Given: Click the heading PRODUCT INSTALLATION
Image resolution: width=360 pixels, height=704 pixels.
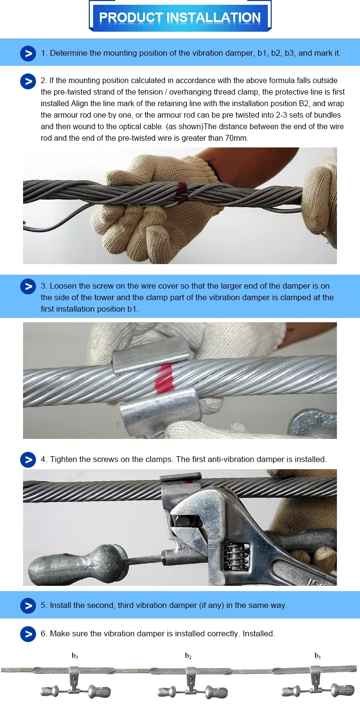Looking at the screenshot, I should (x=180, y=18).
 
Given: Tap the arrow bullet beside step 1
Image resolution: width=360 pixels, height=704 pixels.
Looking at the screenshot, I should (x=28, y=53).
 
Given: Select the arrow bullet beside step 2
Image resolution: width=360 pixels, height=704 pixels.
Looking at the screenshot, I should (x=28, y=81).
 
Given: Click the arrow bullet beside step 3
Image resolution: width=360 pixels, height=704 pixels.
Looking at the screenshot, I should (x=28, y=286).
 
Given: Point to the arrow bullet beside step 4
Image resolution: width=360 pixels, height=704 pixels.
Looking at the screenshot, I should (x=28, y=460).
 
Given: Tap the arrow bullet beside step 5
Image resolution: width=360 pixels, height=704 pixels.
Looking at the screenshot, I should (x=28, y=606).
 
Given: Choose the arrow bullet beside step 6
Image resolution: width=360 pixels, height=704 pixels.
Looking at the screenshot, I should (x=28, y=634).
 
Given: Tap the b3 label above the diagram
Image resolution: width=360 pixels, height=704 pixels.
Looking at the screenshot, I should (x=75, y=656).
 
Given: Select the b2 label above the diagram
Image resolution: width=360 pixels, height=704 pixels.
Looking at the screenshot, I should (x=189, y=656).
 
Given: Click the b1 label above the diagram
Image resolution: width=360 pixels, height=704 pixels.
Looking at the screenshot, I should (x=317, y=656).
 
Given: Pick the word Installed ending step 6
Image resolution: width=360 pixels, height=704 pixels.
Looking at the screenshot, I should (x=258, y=634).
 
